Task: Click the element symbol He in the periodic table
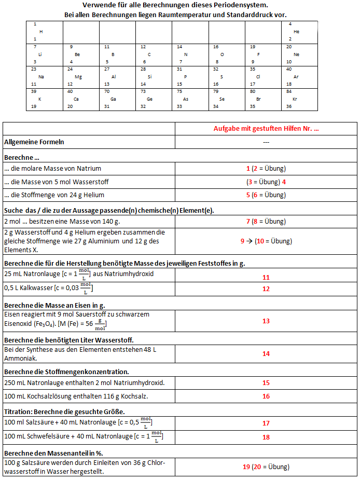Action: point(296,32)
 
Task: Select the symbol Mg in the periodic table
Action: point(78,76)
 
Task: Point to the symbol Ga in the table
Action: point(114,99)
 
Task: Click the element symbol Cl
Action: point(258,76)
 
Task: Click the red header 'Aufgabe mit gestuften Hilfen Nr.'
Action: point(266,129)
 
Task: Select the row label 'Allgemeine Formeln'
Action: point(34,142)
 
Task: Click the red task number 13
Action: point(266,321)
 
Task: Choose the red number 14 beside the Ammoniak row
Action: point(266,354)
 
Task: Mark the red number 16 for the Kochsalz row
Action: point(266,396)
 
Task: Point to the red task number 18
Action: point(266,437)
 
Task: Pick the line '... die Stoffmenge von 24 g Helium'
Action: point(54,195)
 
